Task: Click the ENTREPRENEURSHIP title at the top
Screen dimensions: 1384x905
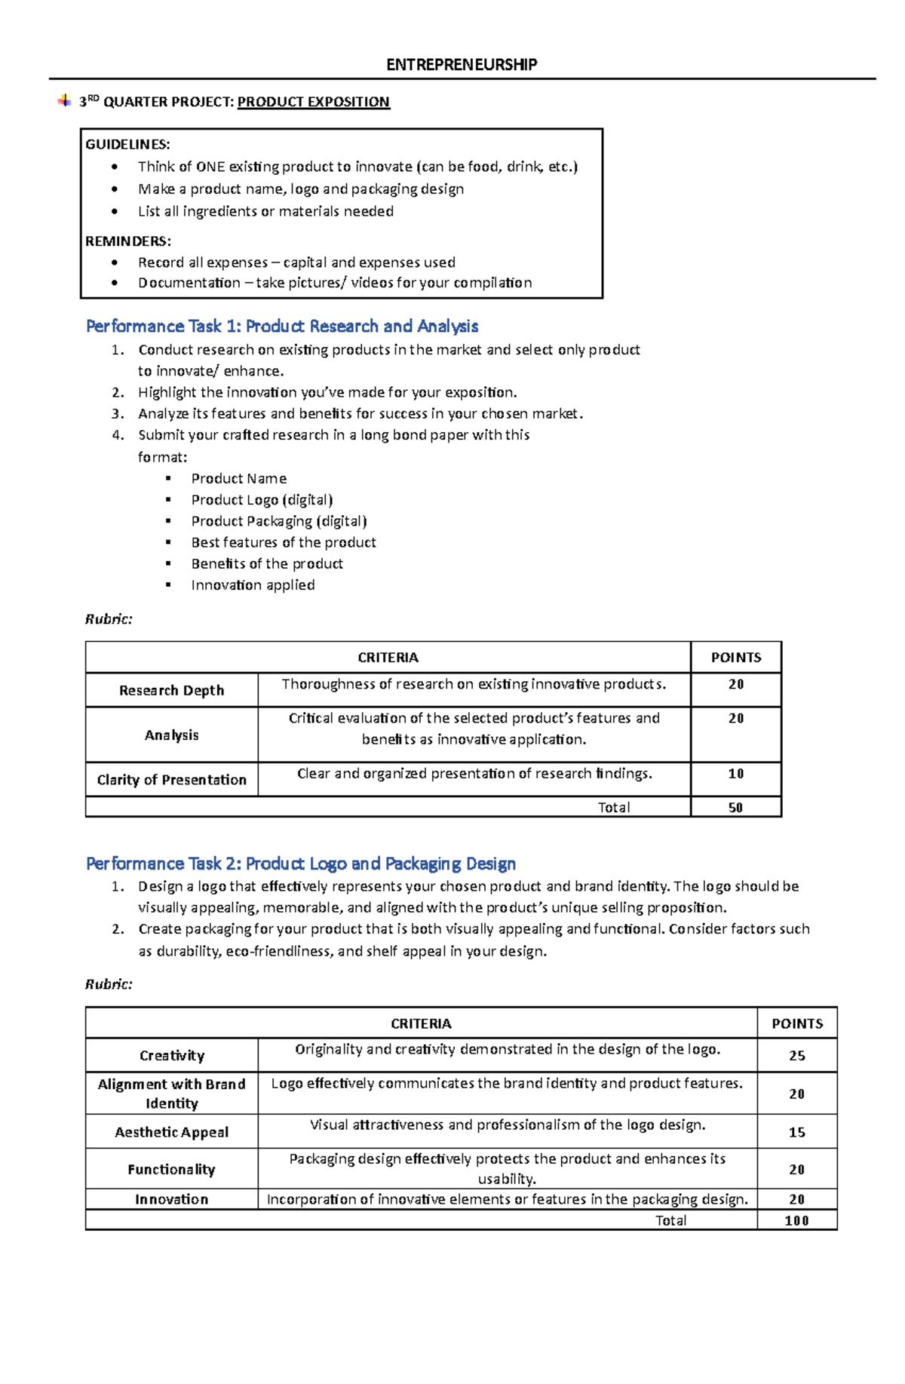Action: click(462, 65)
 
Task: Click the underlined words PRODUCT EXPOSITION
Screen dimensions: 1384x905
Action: click(313, 102)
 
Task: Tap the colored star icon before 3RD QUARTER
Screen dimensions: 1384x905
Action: click(64, 100)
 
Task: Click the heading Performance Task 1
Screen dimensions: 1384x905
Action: click(282, 326)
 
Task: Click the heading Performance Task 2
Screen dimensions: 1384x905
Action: click(301, 864)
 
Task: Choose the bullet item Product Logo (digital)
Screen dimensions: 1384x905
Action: click(262, 500)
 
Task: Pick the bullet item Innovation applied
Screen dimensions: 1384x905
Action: click(253, 585)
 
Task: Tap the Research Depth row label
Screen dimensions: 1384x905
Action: click(171, 690)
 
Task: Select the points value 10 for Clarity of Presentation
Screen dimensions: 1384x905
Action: click(735, 774)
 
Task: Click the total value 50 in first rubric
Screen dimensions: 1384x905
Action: click(735, 808)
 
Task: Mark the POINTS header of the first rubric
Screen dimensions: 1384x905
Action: click(735, 658)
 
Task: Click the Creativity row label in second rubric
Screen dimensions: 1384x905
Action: click(171, 1056)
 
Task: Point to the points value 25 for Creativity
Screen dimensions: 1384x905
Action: click(796, 1056)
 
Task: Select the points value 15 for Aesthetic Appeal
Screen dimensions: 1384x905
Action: click(796, 1132)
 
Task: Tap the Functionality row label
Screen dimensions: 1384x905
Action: click(171, 1170)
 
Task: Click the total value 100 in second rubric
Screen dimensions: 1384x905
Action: click(796, 1221)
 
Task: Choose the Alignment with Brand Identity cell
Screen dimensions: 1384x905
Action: click(171, 1094)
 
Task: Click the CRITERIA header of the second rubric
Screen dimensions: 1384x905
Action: click(421, 1023)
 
